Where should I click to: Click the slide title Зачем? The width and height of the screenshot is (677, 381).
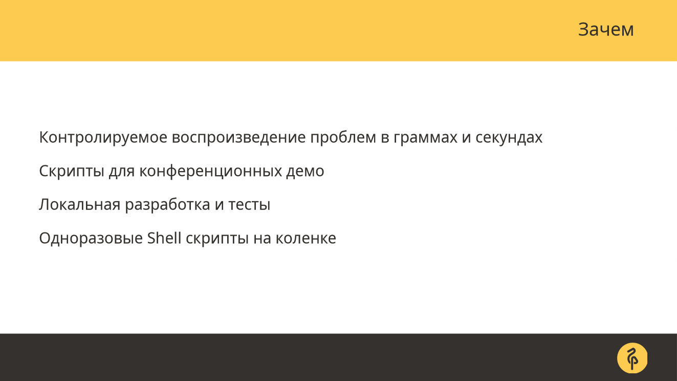click(606, 29)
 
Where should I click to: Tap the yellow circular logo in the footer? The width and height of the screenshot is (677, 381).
click(632, 358)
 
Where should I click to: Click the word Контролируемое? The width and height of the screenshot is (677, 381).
click(103, 138)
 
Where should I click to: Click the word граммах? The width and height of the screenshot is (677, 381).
click(425, 138)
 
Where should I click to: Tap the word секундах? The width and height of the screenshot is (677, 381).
click(509, 138)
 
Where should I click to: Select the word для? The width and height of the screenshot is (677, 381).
click(122, 172)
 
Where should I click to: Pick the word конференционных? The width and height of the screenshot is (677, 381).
click(211, 172)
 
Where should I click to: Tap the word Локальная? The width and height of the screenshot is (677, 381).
click(80, 205)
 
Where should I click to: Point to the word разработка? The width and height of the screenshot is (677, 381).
click(167, 205)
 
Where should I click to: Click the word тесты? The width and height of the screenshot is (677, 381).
click(249, 205)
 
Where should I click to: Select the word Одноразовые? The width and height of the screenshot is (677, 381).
click(91, 238)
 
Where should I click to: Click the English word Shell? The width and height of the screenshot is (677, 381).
click(164, 238)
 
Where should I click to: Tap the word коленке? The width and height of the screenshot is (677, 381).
click(306, 238)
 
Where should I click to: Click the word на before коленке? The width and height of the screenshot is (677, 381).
click(262, 239)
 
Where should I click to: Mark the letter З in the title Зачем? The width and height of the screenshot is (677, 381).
click(583, 29)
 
